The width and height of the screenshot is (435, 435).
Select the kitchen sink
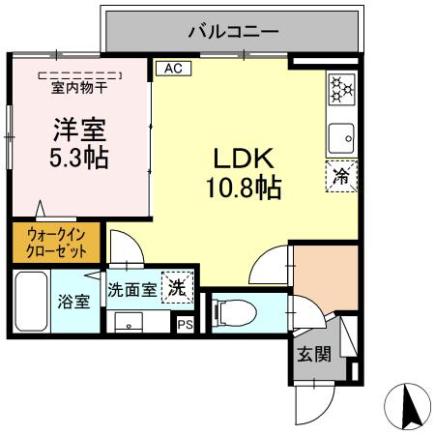[x=342, y=138]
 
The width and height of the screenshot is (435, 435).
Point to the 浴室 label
[x=76, y=301]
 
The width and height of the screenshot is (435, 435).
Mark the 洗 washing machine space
[x=177, y=287]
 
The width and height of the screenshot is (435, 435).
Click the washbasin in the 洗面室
[x=129, y=322]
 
